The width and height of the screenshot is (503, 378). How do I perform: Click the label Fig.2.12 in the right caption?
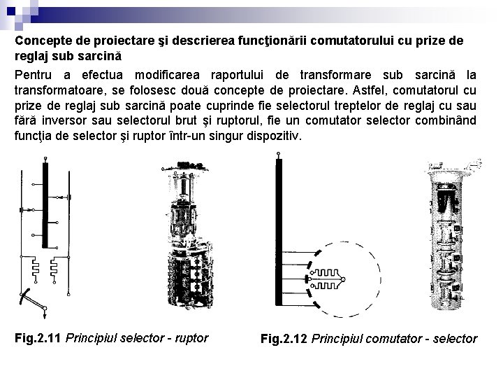[x=284, y=339]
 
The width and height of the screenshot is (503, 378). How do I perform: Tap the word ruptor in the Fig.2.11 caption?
[x=190, y=338]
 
